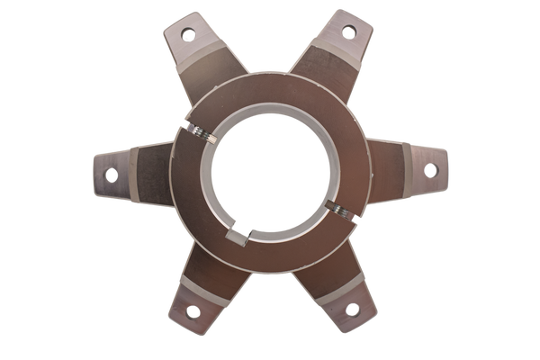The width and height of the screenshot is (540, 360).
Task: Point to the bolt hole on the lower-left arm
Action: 190,311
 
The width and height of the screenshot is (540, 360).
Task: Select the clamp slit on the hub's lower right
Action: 346,212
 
